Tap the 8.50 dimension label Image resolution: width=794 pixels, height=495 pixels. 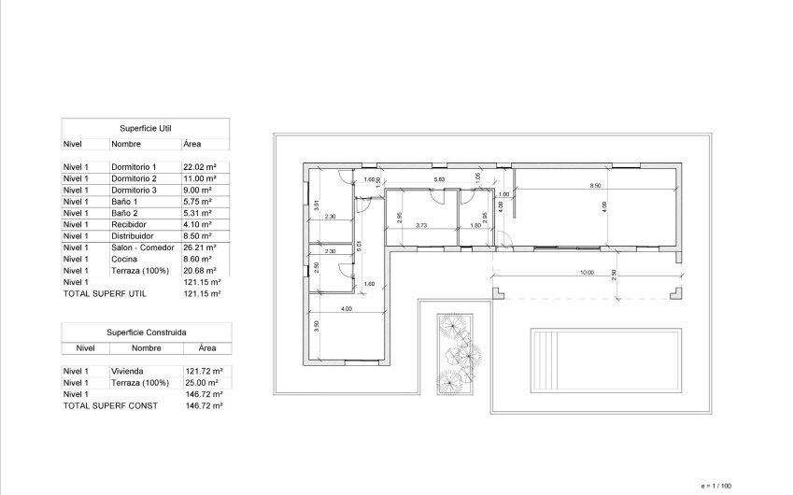[595, 186]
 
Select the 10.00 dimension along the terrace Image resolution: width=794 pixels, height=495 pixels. [586, 274]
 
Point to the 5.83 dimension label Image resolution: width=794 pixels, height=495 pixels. [438, 178]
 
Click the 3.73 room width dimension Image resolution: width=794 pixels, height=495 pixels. [421, 225]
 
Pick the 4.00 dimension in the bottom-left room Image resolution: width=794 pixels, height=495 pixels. [346, 309]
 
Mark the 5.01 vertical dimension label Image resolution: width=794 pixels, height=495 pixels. [360, 247]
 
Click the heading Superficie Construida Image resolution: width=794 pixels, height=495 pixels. [145, 332]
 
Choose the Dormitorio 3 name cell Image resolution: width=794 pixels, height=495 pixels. [134, 190]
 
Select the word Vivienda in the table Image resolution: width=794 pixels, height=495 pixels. [127, 371]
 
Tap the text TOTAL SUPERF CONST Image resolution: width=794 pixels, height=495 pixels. [110, 405]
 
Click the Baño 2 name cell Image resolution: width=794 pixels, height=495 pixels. [124, 213]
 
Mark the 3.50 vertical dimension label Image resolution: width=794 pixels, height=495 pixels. [317, 325]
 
